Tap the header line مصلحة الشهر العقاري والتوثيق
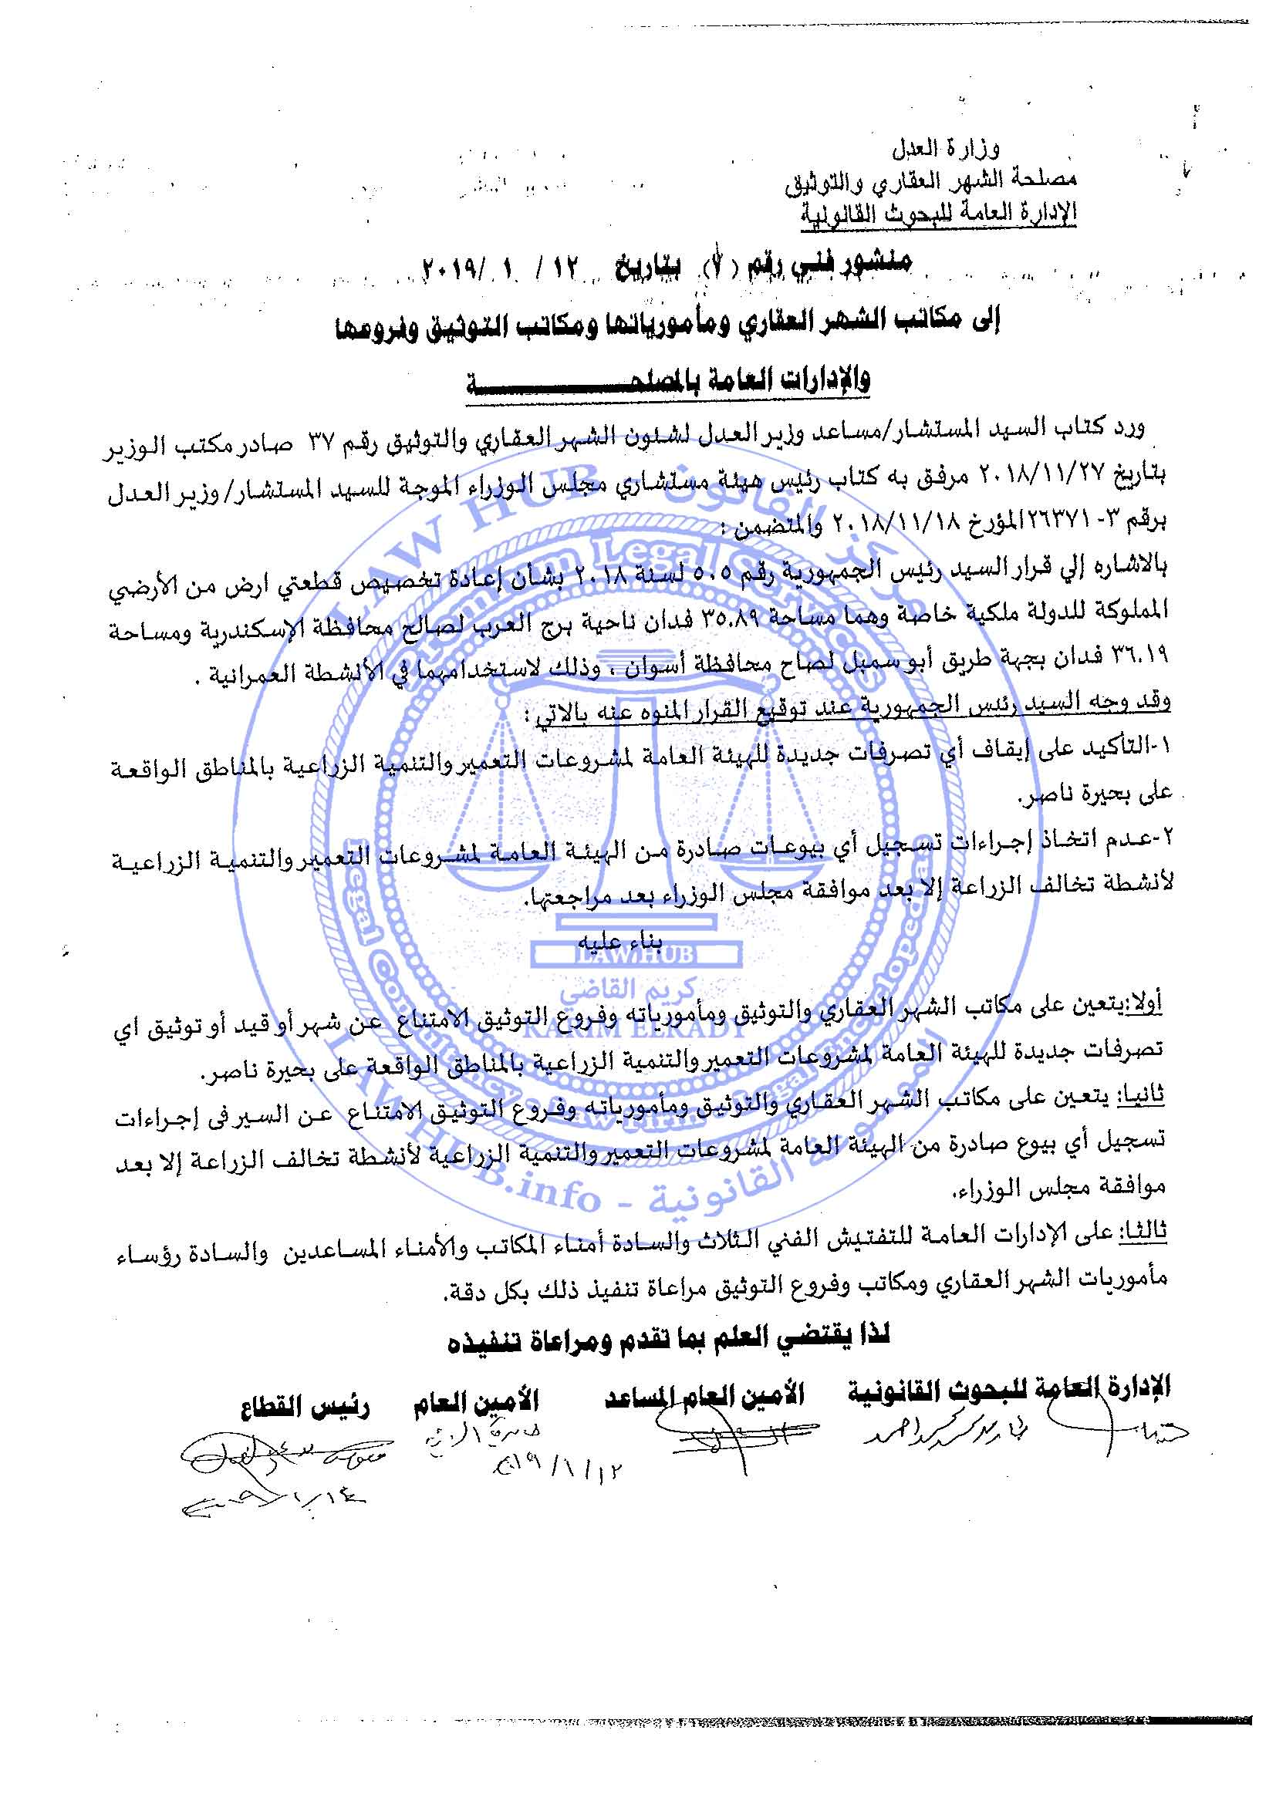point(930,180)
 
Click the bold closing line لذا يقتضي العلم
point(668,1336)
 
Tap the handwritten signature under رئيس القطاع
point(283,1460)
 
